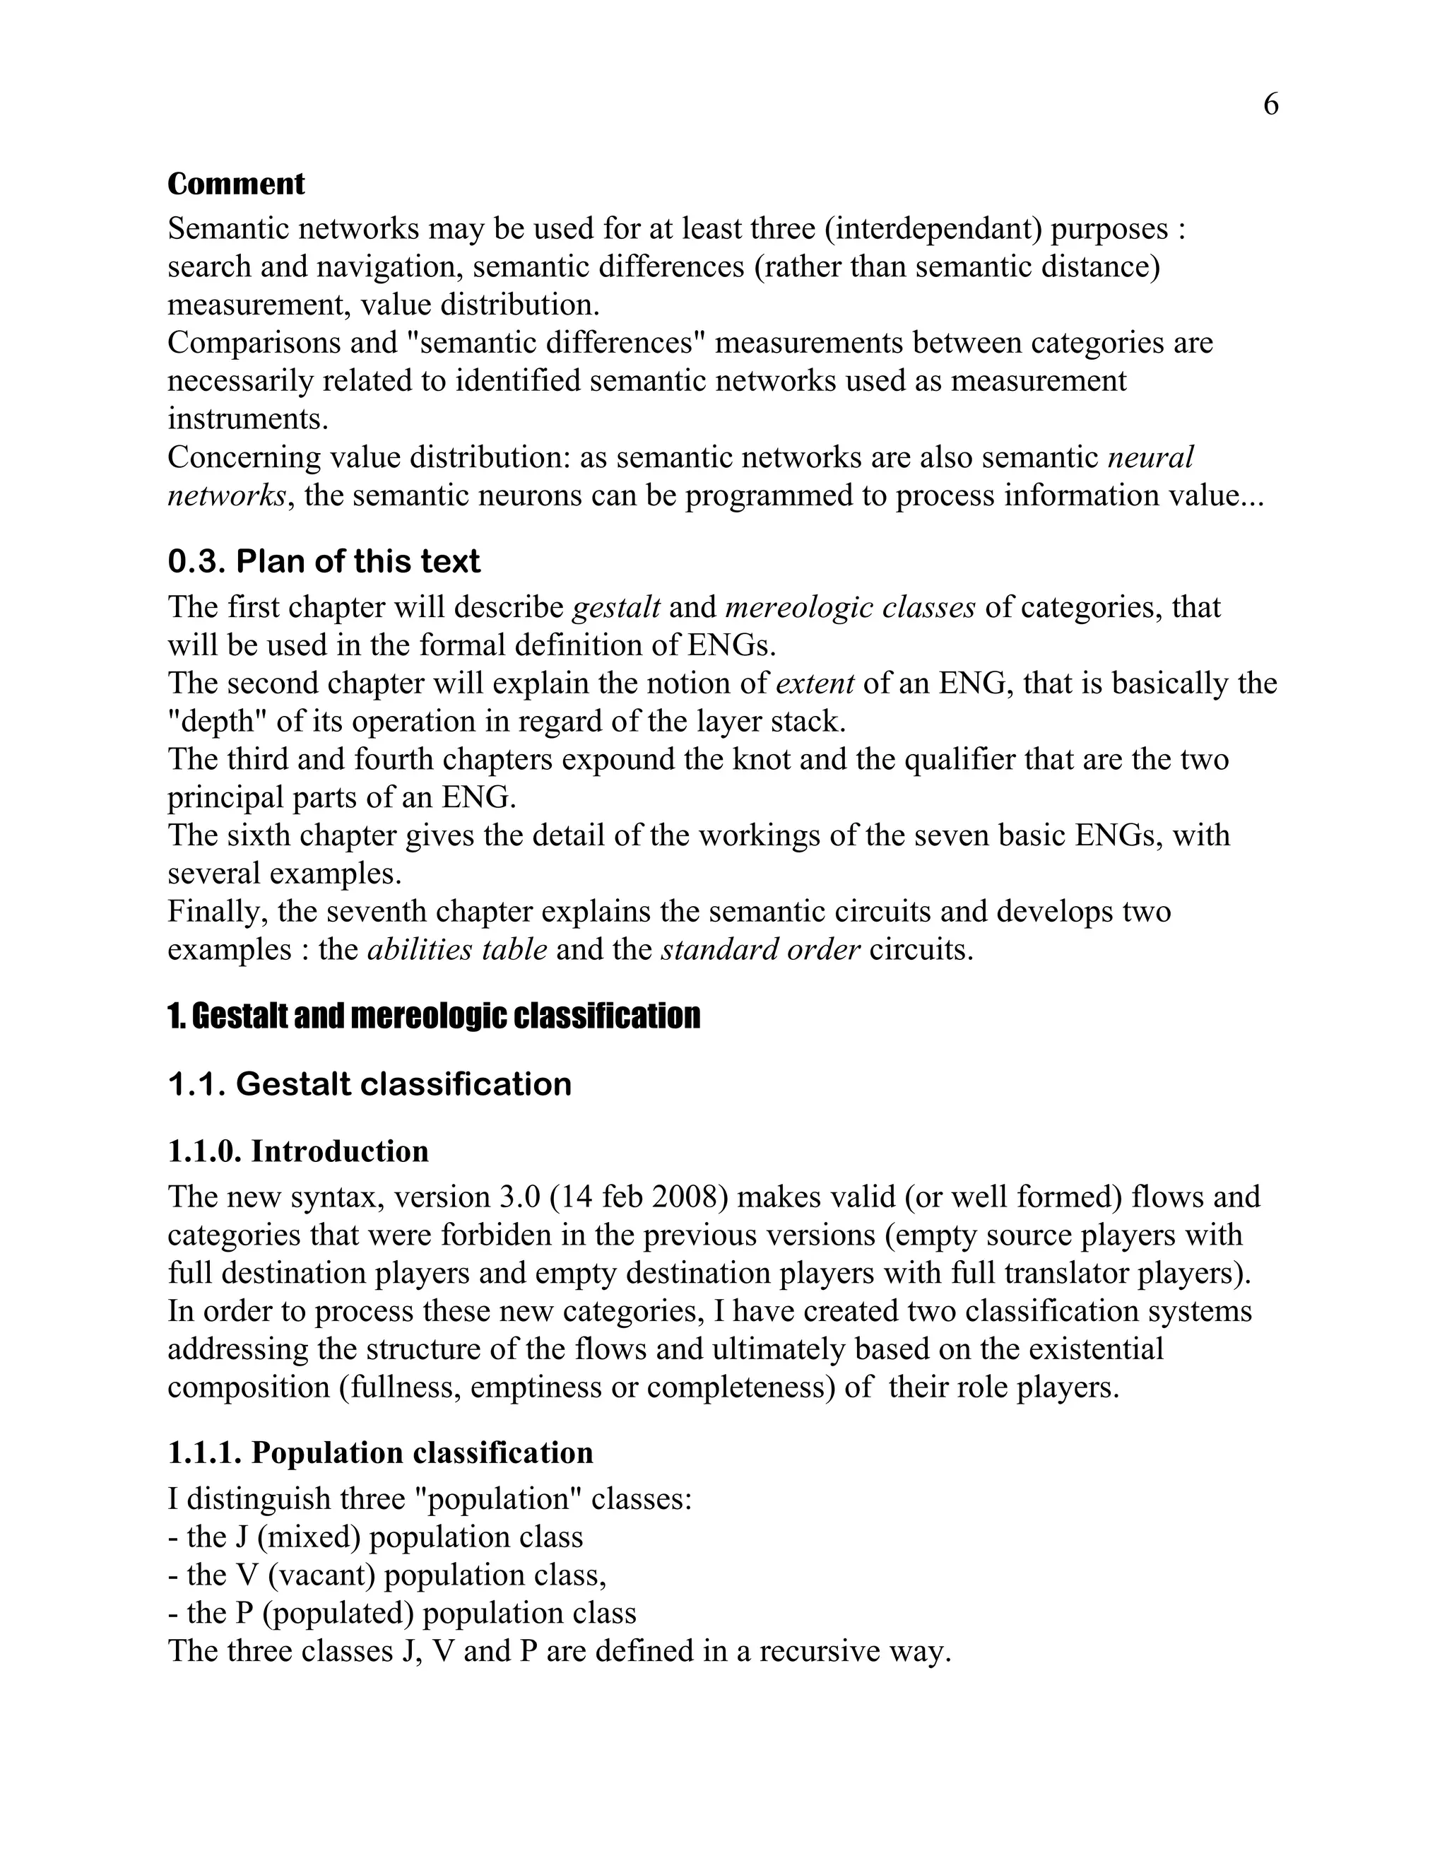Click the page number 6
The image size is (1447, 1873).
(x=1270, y=105)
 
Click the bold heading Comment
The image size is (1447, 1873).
(x=236, y=184)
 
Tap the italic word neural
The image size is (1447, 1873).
(x=1150, y=458)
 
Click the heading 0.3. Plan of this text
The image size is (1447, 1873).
(x=324, y=562)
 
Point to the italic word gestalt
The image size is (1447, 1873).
(x=615, y=607)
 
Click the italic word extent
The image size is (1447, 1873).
(x=815, y=683)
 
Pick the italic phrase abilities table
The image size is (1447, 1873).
(x=457, y=949)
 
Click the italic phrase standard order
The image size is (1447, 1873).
(x=760, y=949)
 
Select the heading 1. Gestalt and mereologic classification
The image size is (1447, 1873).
(x=434, y=1016)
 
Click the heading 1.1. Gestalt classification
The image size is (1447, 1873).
(x=370, y=1084)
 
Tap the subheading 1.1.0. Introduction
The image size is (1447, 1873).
(x=298, y=1151)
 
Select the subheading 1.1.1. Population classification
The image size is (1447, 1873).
(x=381, y=1452)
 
